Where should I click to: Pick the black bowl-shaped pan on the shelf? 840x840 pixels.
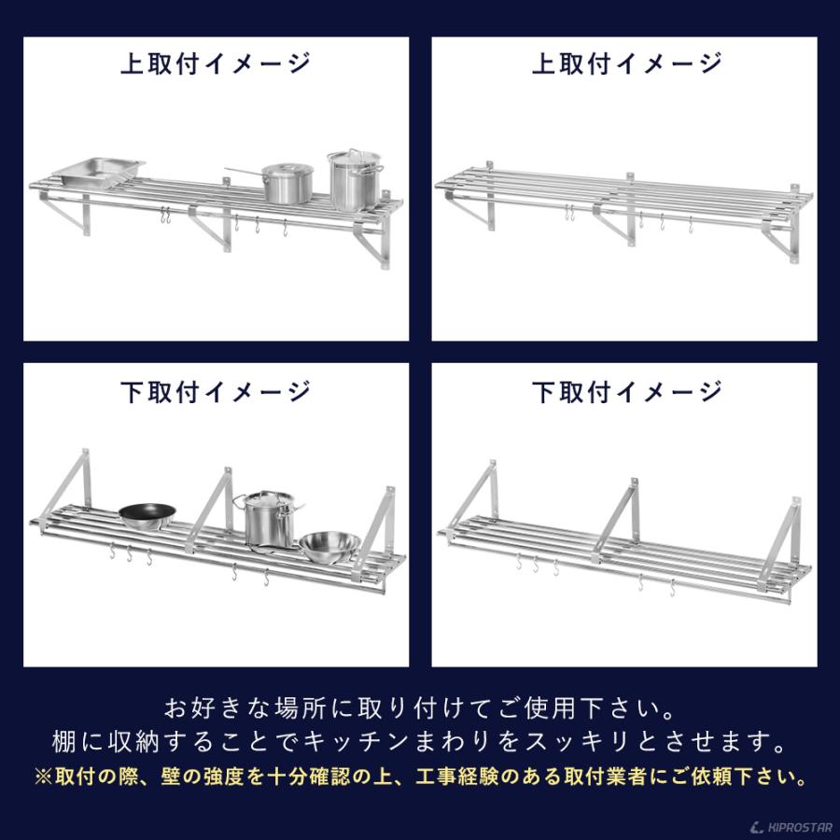point(147,514)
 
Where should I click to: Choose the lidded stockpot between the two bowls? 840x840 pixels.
point(269,520)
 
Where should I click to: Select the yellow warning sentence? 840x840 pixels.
point(419,776)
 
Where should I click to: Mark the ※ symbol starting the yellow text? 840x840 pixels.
point(42,776)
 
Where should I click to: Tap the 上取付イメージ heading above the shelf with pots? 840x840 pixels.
point(216,63)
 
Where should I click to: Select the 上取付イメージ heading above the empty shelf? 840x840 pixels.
point(626,63)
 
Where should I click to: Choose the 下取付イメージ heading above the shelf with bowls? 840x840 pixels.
point(216,392)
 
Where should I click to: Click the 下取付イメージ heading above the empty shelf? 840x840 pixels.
point(626,392)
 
